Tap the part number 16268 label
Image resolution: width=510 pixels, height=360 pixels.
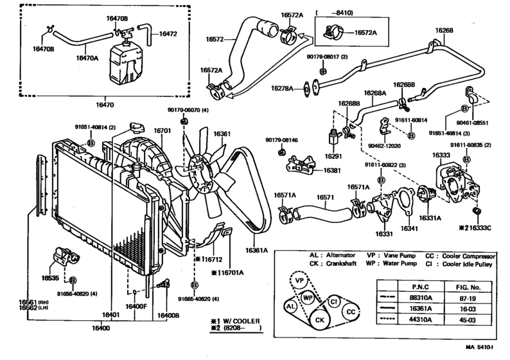[x=444, y=30]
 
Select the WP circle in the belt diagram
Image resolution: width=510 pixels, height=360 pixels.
[x=308, y=298]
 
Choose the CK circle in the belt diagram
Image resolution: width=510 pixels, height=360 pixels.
[x=319, y=319]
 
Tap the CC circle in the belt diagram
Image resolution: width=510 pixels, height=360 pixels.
[x=350, y=312]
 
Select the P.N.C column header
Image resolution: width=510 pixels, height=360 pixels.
[x=418, y=285]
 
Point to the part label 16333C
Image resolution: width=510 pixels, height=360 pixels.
[x=483, y=227]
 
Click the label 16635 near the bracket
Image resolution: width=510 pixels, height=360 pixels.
[x=51, y=279]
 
